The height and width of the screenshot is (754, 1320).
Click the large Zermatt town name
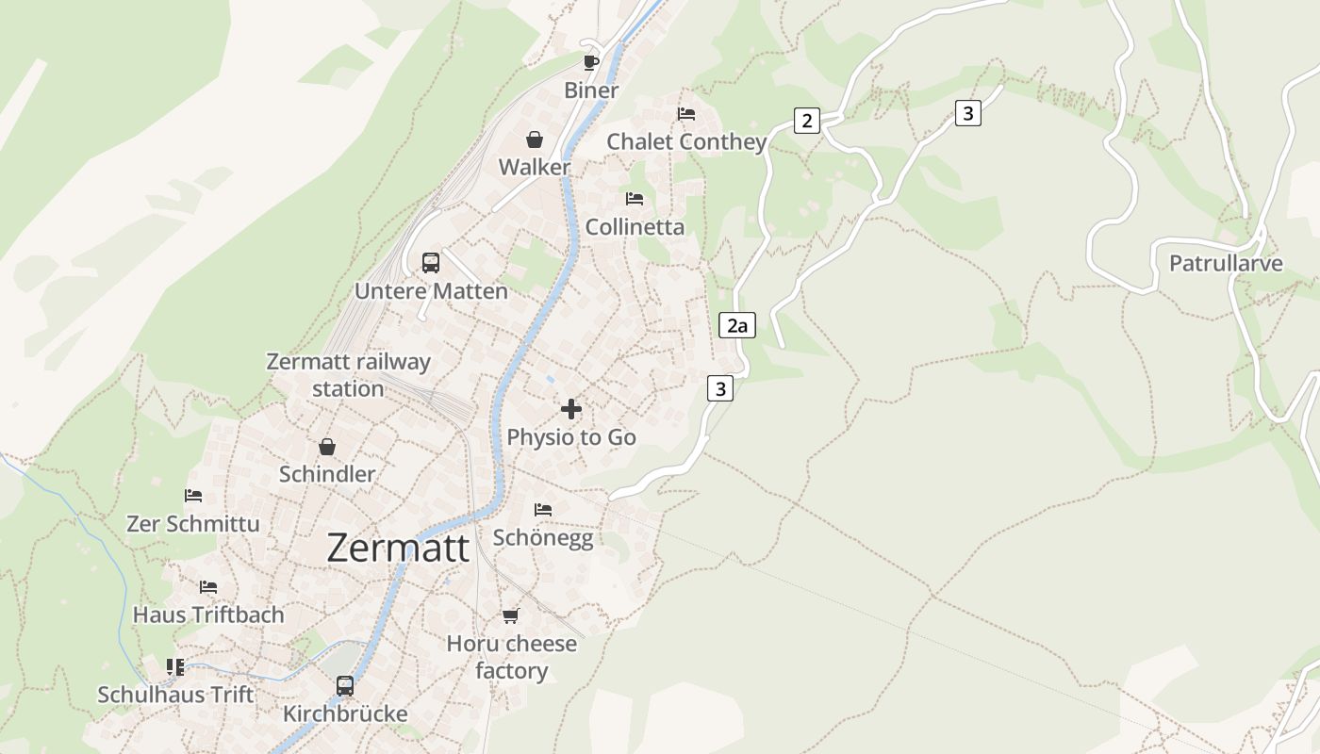[398, 549]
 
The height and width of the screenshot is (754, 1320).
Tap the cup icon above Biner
[591, 63]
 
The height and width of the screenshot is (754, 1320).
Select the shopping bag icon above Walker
[535, 139]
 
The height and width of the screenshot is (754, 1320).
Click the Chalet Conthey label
[686, 142]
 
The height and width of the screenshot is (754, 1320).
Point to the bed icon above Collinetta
[635, 199]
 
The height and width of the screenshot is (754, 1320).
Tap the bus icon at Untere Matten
[431, 263]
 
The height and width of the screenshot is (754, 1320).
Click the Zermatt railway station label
[348, 375]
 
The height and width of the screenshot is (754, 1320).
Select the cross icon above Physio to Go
[571, 409]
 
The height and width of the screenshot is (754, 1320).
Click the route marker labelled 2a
[737, 326]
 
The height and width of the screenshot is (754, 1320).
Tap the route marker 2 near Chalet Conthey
[806, 121]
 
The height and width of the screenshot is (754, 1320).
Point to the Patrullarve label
[1226, 263]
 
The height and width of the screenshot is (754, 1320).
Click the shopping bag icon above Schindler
[327, 447]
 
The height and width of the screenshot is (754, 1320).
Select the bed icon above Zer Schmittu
[193, 496]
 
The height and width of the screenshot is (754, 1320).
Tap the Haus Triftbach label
[208, 615]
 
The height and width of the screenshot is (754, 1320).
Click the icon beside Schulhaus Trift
[175, 667]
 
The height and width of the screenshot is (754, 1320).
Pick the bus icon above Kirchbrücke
[345, 685]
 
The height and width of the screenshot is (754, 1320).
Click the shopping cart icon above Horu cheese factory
[511, 615]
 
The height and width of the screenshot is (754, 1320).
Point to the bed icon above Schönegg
[543, 510]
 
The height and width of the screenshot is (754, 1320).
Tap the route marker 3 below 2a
[720, 388]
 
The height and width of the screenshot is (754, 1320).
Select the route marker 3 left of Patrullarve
[967, 113]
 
